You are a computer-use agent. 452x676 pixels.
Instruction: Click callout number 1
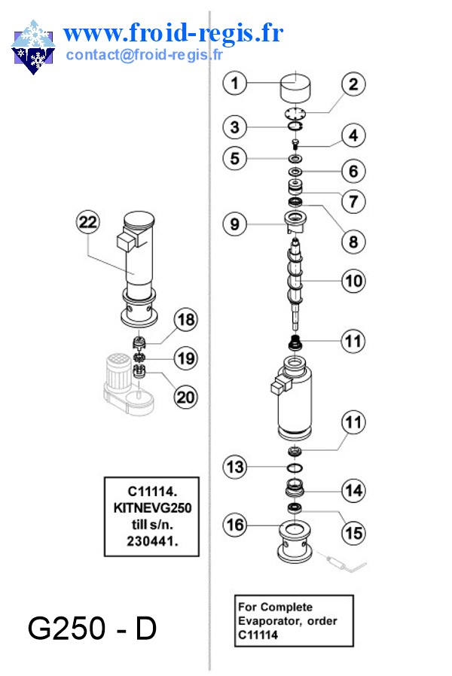[236, 83]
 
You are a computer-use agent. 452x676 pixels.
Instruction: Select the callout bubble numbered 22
[88, 223]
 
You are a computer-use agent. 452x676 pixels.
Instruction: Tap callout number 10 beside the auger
[353, 282]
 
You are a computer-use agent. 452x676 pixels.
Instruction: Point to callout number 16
[237, 524]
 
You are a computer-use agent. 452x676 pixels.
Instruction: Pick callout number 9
[235, 224]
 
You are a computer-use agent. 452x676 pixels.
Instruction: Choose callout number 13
[236, 467]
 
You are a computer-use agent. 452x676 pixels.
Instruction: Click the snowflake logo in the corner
[33, 47]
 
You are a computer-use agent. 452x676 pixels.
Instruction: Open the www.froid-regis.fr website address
[173, 33]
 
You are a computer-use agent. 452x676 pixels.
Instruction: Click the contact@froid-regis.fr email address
[145, 54]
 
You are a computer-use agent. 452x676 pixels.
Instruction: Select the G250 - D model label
[92, 629]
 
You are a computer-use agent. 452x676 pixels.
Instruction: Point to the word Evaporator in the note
[271, 621]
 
